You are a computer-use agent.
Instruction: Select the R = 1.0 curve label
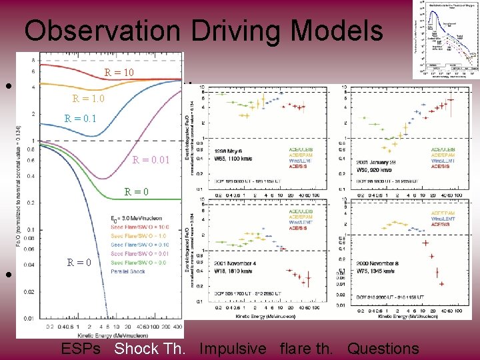pos(89,99)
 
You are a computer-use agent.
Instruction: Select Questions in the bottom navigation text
pos(383,348)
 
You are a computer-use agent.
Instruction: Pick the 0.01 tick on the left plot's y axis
pos(28,319)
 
